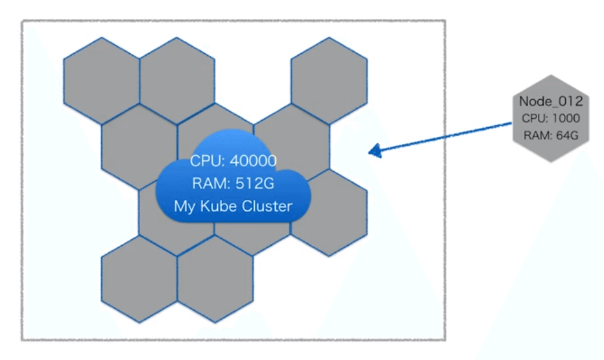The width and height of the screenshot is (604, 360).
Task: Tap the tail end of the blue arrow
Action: pos(513,123)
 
